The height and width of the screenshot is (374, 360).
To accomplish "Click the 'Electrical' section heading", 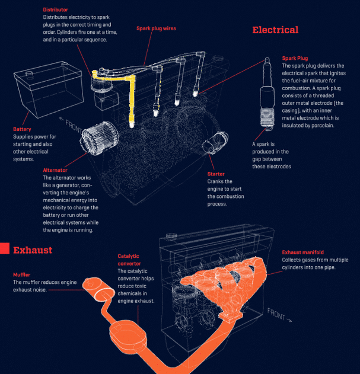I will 275,30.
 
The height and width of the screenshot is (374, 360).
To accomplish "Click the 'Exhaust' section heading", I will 33,250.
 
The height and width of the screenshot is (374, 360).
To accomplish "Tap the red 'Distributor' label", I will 56,9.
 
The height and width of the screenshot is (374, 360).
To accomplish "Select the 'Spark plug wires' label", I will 156,28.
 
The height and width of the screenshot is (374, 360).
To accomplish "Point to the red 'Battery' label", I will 22,129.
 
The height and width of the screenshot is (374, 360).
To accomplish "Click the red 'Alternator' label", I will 55,170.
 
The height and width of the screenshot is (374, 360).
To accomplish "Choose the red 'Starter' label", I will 216,174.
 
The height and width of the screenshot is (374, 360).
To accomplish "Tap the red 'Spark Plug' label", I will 295,58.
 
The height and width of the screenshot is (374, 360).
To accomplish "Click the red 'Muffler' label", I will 26,274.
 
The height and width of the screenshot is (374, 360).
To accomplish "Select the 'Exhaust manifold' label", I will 302,252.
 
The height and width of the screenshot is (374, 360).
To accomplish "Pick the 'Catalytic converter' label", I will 129,260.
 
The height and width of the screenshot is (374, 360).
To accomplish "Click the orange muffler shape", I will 98,289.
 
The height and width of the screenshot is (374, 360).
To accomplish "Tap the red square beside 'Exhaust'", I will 4,249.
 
